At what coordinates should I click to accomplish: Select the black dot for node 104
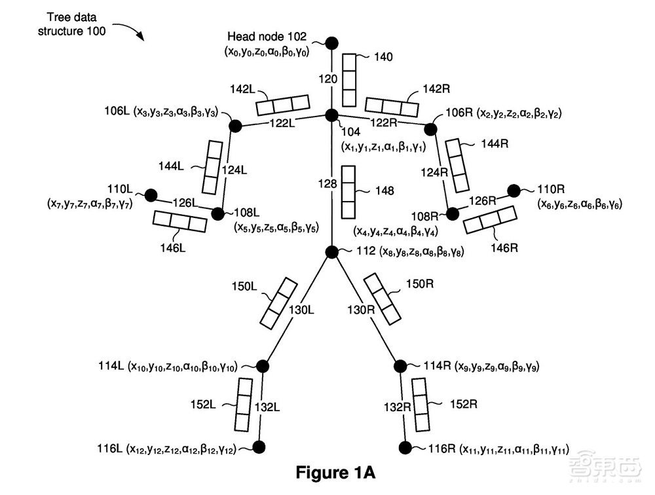(x=331, y=115)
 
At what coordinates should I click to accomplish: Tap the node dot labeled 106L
(x=233, y=124)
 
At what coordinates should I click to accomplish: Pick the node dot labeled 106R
(x=431, y=128)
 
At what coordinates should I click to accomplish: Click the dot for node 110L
(x=151, y=194)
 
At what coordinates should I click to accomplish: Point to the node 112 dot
(x=331, y=251)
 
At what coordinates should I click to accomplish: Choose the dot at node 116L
(x=259, y=447)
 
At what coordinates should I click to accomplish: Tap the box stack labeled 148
(x=349, y=192)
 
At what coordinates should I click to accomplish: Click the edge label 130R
(x=360, y=308)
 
